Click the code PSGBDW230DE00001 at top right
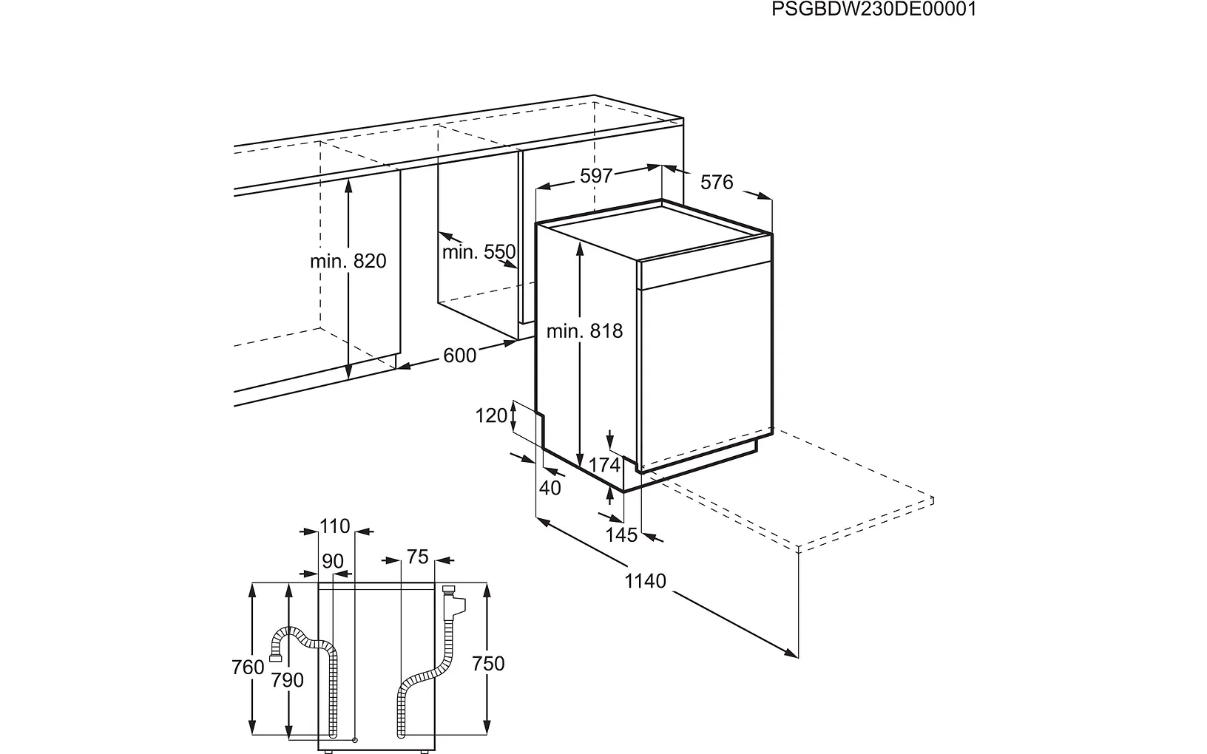pos(873,9)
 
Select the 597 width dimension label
pos(597,176)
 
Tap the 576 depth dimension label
pos(717,182)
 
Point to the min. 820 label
pos(348,261)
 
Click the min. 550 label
pos(479,251)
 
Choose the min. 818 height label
pos(584,330)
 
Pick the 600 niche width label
pos(459,356)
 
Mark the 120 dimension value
pos(491,415)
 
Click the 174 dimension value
pos(604,465)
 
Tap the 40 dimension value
pos(550,488)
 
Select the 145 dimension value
pos(621,534)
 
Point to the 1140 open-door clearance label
pos(646,581)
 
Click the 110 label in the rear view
pos(334,526)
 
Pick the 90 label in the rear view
pos(333,561)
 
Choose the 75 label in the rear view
pos(418,557)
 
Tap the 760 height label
pos(248,668)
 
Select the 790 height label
pos(287,681)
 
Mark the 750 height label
pos(488,664)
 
